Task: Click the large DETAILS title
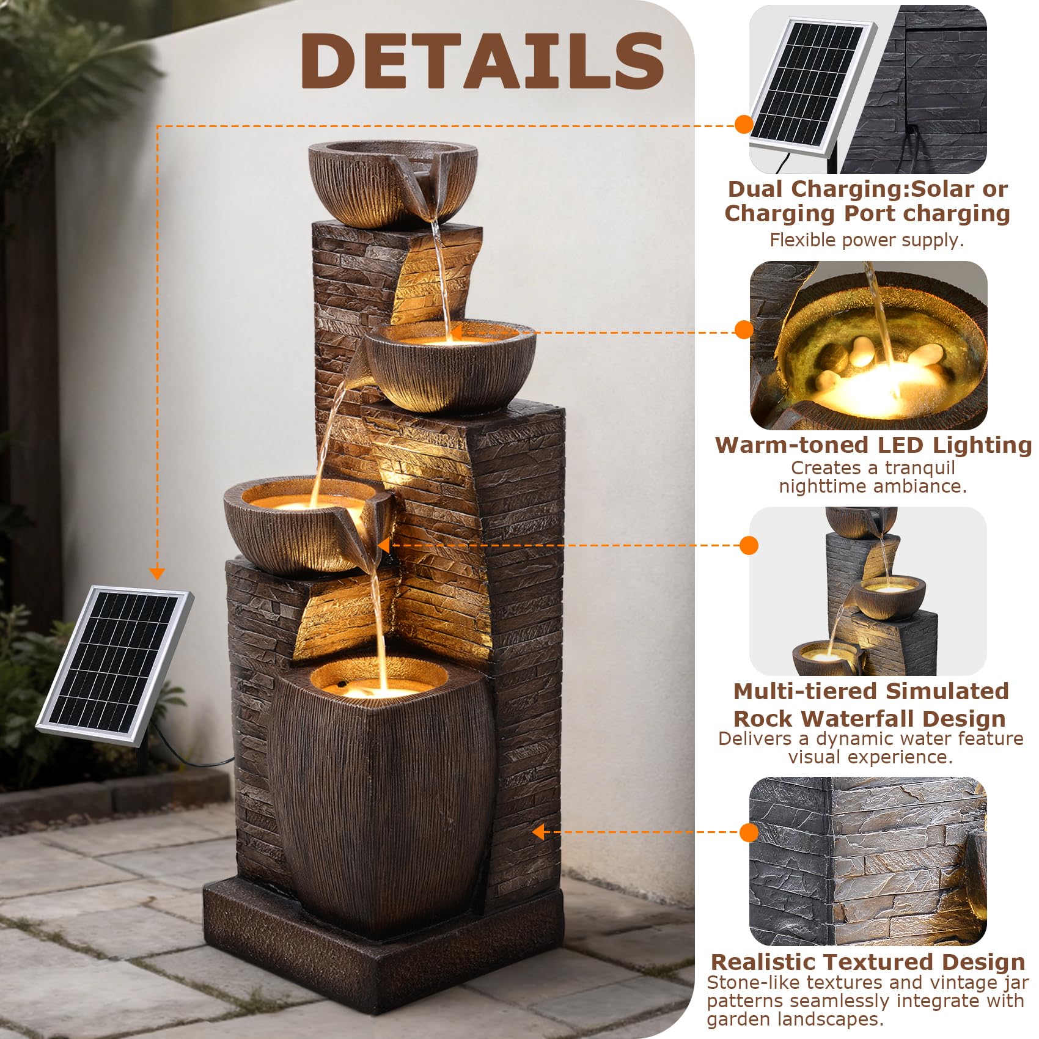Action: point(482,61)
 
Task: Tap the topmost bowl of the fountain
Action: point(392,183)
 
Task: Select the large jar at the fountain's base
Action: point(382,795)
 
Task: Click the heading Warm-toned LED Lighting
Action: point(873,444)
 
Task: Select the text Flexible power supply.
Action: point(867,240)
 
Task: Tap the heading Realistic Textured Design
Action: point(868,961)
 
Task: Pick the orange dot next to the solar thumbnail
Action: point(744,124)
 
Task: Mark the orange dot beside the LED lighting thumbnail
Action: point(744,329)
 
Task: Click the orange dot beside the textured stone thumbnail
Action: point(749,832)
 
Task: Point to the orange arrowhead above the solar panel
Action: point(157,573)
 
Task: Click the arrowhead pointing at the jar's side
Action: point(538,832)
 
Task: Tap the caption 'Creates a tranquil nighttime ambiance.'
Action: point(873,477)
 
